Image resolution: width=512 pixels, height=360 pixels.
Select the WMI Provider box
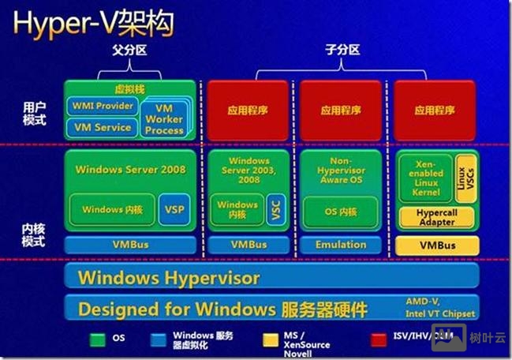click(103, 106)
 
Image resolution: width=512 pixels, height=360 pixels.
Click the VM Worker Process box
click(164, 119)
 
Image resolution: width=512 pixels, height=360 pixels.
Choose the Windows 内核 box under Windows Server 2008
click(113, 209)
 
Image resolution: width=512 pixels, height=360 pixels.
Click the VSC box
click(275, 209)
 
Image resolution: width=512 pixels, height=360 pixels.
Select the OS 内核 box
click(341, 212)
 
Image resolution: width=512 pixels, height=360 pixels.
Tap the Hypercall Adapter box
click(436, 217)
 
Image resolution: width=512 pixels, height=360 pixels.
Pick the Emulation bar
click(341, 245)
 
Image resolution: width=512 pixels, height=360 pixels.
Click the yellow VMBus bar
click(436, 245)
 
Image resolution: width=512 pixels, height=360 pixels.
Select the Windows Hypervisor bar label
click(169, 278)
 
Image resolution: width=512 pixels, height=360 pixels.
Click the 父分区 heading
click(130, 50)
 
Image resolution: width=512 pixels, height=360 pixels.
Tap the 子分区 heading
click(341, 50)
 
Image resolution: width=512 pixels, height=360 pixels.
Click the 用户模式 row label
click(36, 113)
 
